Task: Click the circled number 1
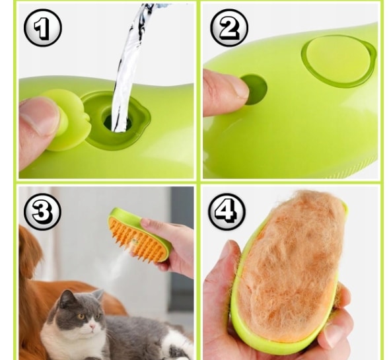tap(43, 28)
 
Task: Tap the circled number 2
tap(229, 28)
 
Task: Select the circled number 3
tap(43, 211)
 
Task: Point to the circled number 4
tap(227, 211)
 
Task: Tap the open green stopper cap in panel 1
tap(67, 120)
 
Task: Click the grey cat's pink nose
tap(92, 327)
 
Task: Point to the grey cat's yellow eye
tap(81, 316)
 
